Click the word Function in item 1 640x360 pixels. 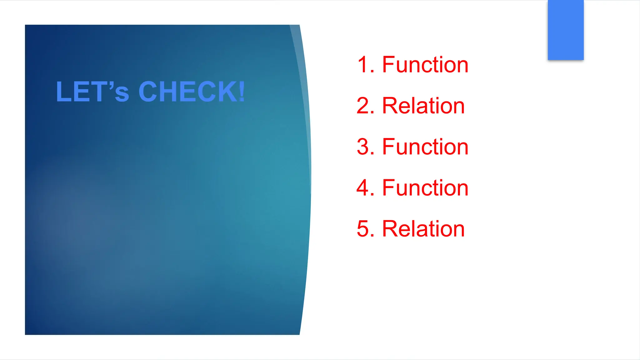click(425, 65)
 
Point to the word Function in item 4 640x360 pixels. click(425, 188)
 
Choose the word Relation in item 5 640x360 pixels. click(423, 229)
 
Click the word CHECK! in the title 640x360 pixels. click(192, 92)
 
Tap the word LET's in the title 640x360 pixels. click(92, 92)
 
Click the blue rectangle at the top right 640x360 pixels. click(565, 30)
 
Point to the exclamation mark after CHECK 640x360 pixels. click(242, 92)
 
